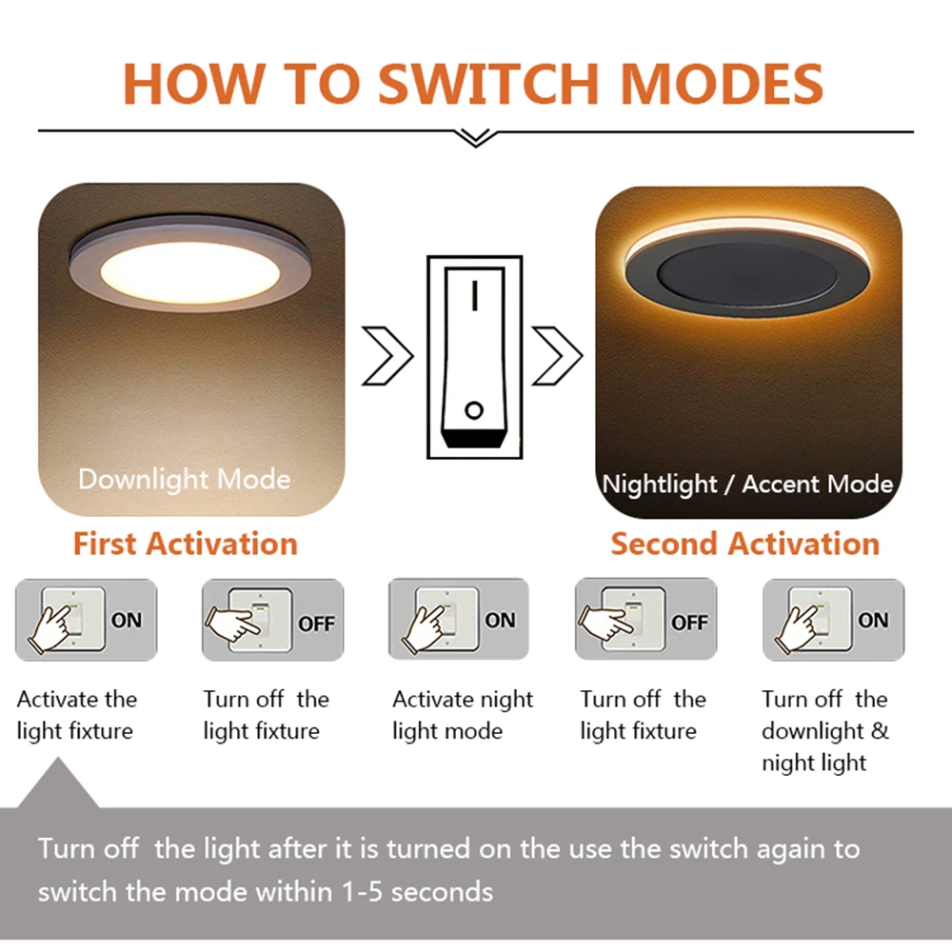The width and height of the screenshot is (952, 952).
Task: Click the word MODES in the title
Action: (x=721, y=83)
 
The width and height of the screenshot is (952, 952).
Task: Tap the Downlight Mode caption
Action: (x=184, y=478)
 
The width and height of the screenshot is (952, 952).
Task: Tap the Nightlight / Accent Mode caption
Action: (x=747, y=484)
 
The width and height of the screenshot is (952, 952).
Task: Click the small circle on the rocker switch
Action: (x=473, y=411)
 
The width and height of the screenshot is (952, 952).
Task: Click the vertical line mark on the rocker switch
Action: (x=474, y=299)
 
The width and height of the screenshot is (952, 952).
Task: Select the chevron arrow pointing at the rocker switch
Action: (x=387, y=356)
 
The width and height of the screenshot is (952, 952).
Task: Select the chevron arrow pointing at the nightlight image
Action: (x=557, y=356)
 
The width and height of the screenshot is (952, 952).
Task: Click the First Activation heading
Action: (x=186, y=544)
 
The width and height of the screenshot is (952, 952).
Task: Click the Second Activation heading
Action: (x=744, y=544)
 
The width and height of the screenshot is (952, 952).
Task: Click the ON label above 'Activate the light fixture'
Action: (x=127, y=621)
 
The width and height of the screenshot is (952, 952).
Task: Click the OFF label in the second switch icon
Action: (x=316, y=624)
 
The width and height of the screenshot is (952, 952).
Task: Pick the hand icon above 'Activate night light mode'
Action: (x=425, y=624)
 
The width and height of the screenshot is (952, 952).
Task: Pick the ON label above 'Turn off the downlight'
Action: (x=872, y=621)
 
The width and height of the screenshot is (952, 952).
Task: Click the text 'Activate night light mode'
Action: (x=463, y=715)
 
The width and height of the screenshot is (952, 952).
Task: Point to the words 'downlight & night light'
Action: (x=824, y=747)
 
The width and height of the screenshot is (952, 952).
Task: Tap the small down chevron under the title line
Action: (x=475, y=139)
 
